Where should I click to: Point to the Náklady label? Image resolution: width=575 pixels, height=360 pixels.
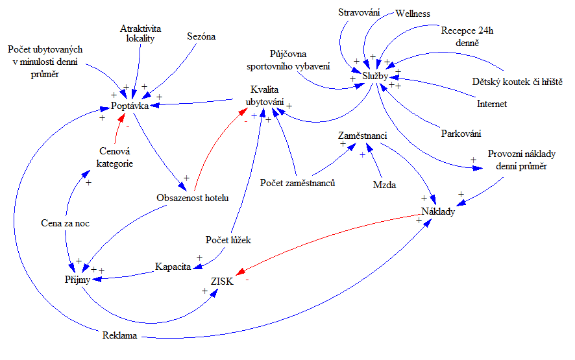[x=438, y=211]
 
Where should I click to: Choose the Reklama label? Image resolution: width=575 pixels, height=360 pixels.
[x=120, y=336]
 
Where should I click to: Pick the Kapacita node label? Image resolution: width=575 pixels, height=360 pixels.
[x=173, y=266]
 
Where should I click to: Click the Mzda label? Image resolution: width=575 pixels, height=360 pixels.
[x=384, y=185]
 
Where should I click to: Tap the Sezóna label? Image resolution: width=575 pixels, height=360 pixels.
[x=202, y=36]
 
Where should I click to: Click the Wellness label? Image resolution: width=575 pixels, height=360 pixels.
[x=413, y=14]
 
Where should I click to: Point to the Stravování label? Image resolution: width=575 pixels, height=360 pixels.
[x=360, y=12]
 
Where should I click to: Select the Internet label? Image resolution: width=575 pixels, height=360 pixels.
[x=492, y=103]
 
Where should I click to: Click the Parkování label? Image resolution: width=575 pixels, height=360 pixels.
[x=461, y=134]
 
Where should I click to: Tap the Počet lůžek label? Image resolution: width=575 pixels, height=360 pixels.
[x=228, y=240]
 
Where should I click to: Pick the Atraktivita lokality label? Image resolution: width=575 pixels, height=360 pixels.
[x=140, y=34]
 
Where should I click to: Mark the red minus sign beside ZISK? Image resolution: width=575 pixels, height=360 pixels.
[x=247, y=281]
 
